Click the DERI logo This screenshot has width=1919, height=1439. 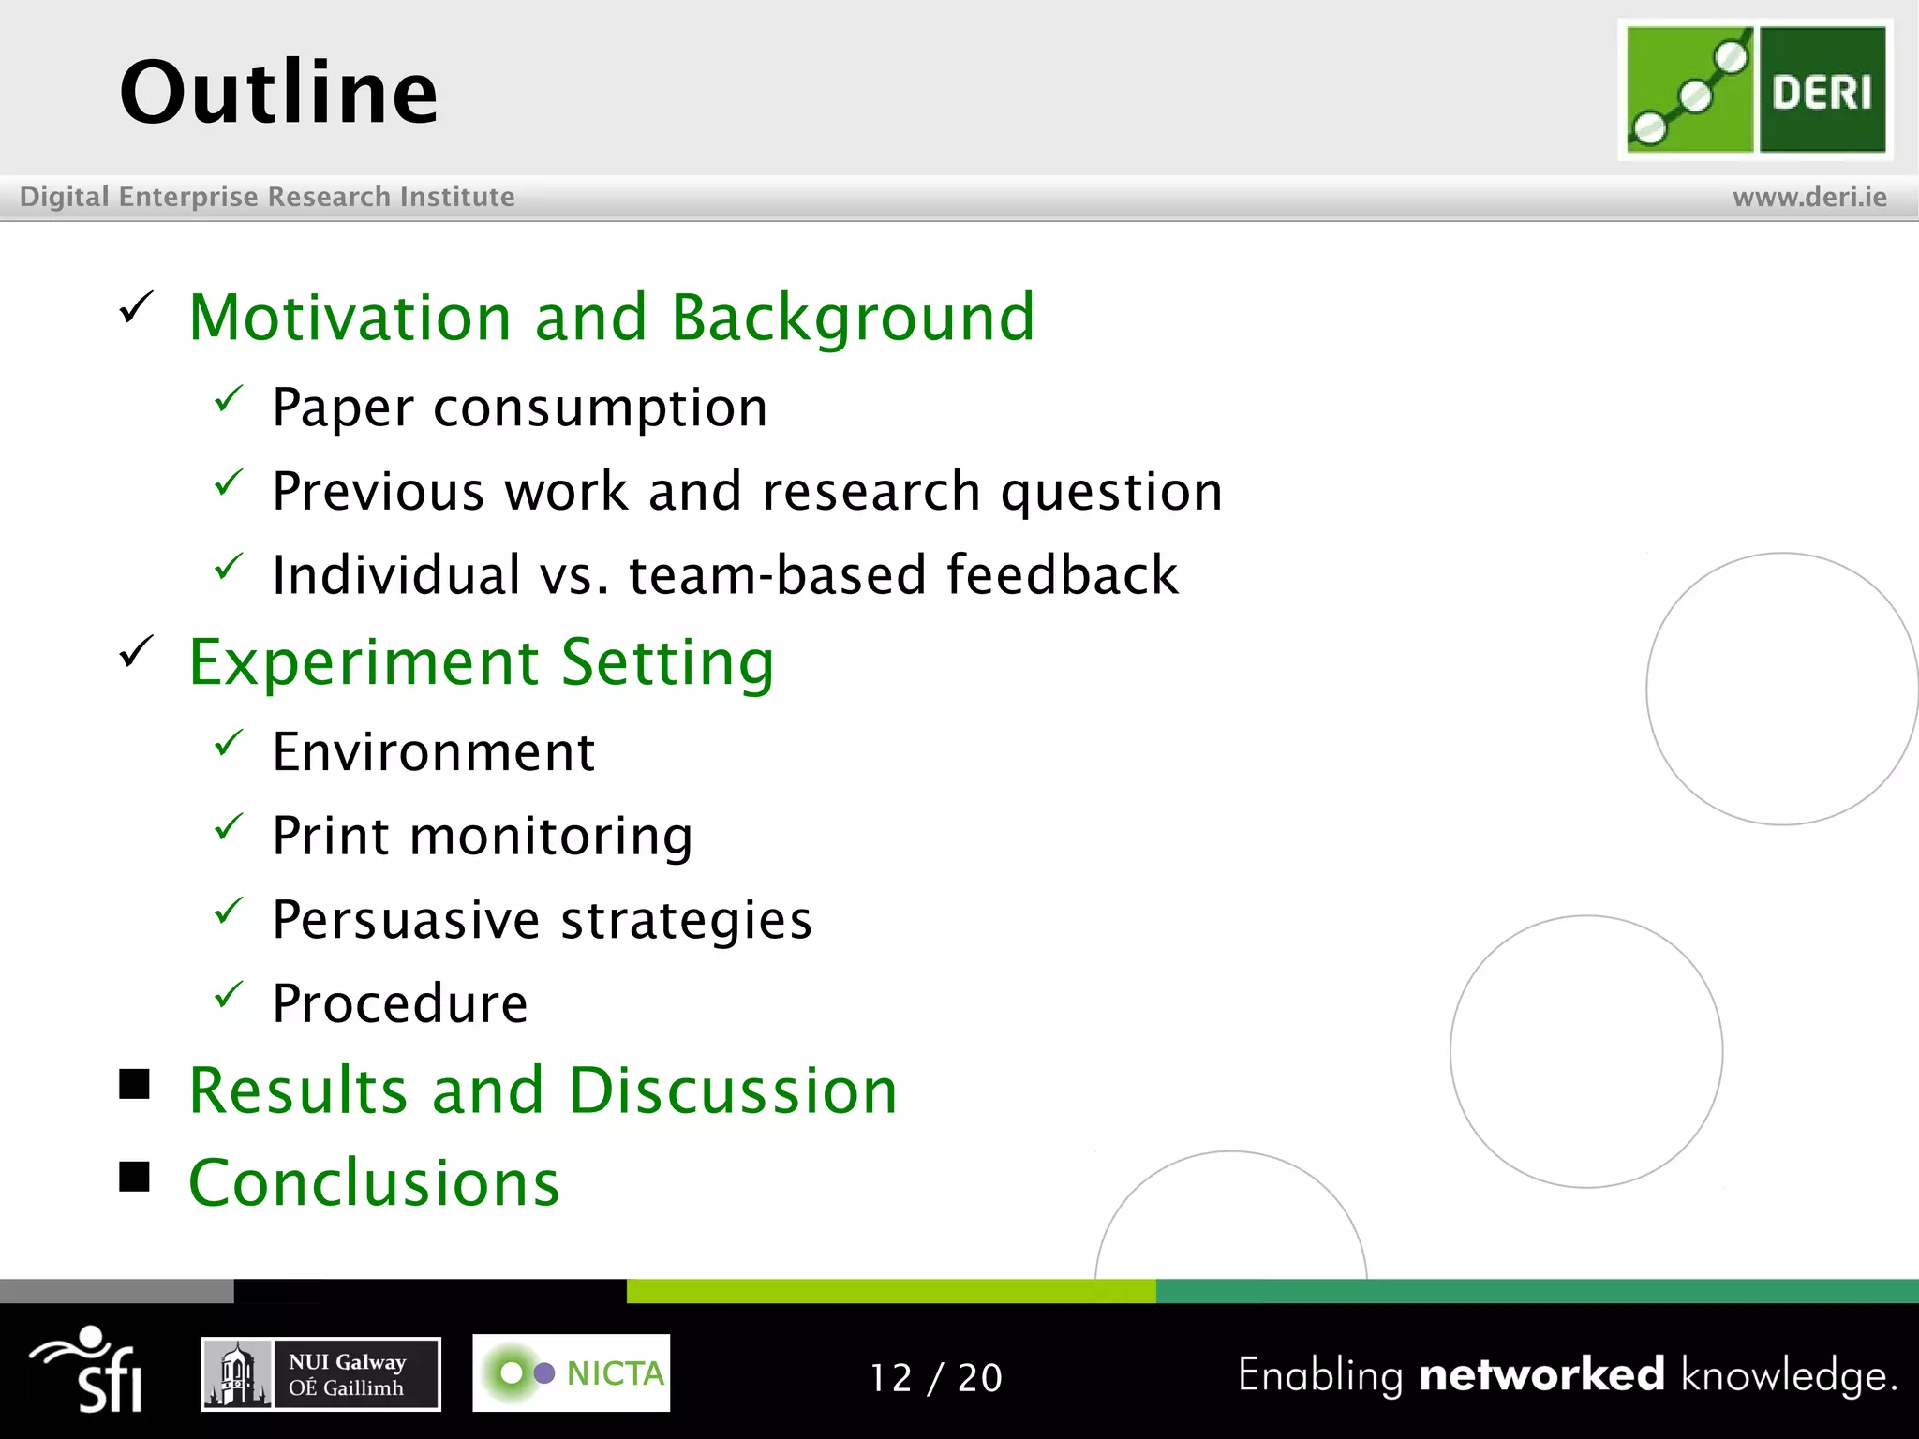(x=1755, y=90)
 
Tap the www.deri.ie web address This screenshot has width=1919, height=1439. (x=1809, y=198)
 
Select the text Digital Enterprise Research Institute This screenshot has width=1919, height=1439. (x=267, y=197)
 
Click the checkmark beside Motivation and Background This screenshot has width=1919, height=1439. (x=137, y=307)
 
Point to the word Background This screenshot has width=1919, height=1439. (x=853, y=319)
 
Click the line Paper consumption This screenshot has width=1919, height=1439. (x=520, y=408)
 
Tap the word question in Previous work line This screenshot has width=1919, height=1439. (x=1111, y=492)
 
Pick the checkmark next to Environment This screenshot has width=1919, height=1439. (x=229, y=744)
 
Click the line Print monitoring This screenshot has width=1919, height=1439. (x=483, y=836)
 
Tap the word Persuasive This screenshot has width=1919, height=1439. (x=406, y=919)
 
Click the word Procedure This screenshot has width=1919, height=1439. (x=400, y=1003)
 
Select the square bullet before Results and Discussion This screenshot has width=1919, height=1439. (x=135, y=1084)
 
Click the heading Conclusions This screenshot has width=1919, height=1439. (x=374, y=1183)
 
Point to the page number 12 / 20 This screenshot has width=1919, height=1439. (x=936, y=1377)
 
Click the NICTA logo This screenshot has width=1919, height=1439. (x=571, y=1373)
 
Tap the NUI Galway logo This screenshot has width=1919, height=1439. (x=320, y=1374)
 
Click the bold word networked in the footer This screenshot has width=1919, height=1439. (x=1541, y=1375)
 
